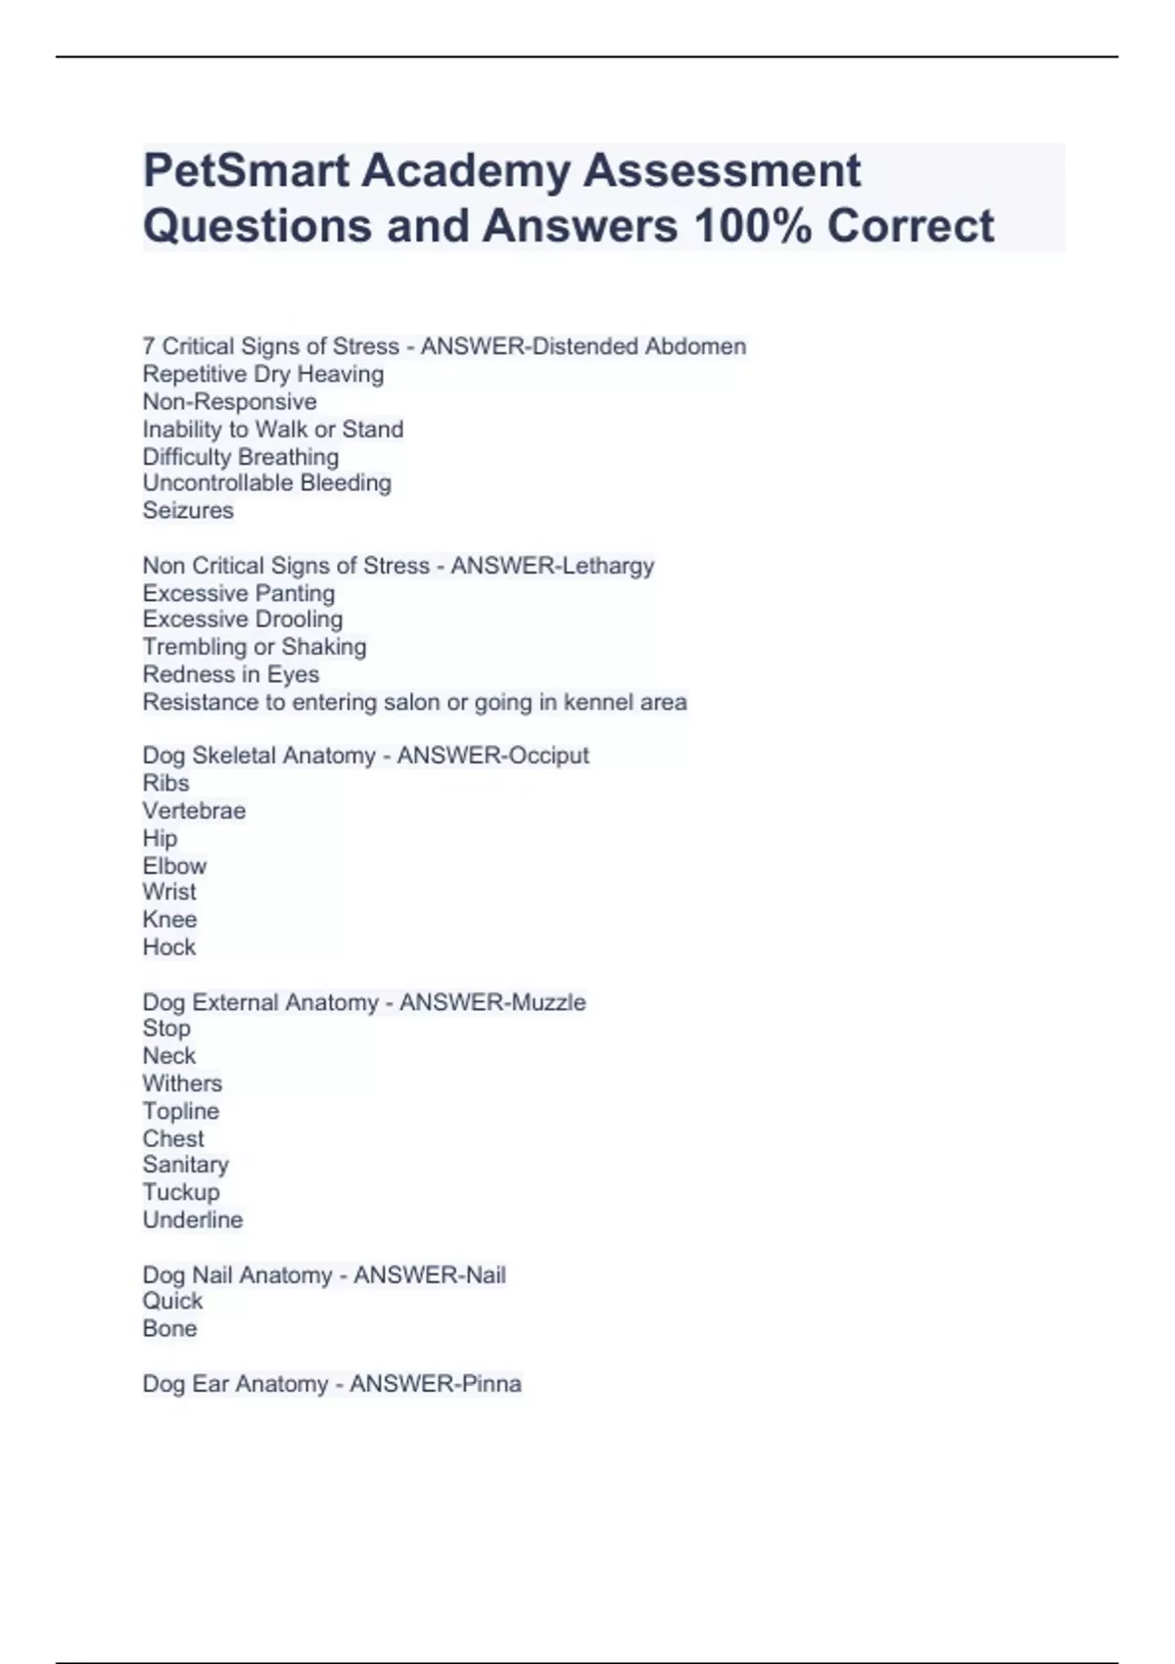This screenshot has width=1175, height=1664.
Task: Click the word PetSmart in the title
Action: pos(246,171)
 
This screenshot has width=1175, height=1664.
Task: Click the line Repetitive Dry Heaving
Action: pos(262,374)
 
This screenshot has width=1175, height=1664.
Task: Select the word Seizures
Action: pos(188,510)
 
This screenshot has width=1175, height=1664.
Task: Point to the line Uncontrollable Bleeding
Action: pos(266,483)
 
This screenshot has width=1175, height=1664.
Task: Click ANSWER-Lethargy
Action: pos(552,566)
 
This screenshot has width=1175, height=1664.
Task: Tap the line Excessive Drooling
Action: pos(242,620)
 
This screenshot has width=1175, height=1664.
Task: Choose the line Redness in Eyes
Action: pos(230,674)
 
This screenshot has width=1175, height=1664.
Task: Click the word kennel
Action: pos(596,702)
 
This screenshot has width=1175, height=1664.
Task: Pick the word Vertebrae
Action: pos(194,810)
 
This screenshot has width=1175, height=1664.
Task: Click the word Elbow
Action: pos(174,866)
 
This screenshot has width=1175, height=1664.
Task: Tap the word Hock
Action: pos(168,948)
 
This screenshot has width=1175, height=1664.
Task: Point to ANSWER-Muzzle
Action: pos(493,1002)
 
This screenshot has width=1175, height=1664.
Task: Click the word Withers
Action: pos(182,1084)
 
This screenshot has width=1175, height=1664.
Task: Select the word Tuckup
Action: pos(181,1192)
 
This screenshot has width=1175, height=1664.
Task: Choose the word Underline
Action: pos(192,1220)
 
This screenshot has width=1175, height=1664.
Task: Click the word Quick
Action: pos(172,1301)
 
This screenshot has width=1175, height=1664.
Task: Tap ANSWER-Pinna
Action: pos(435,1384)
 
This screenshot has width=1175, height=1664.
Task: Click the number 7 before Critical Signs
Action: pos(149,347)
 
